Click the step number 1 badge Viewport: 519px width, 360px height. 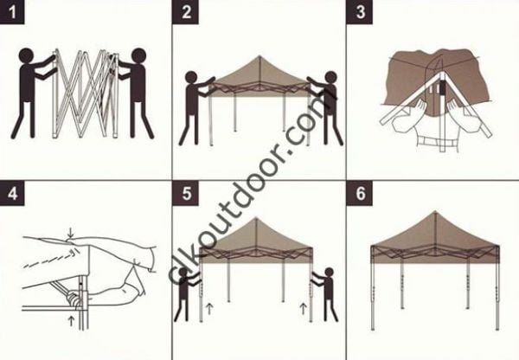coord(12,12)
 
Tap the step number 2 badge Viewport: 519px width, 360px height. coord(186,12)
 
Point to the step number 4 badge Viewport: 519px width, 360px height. coord(12,193)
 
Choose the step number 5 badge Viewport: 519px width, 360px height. coord(186,193)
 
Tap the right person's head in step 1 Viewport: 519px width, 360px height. coord(138,57)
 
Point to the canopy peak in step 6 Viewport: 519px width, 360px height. coord(432,214)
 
